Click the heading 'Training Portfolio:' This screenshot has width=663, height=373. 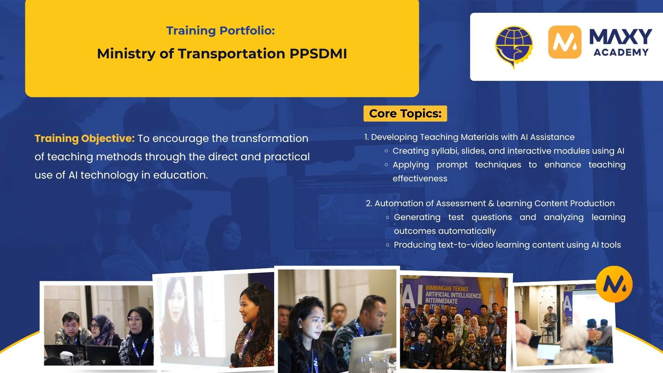(x=220, y=31)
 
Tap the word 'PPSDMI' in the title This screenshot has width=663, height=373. (x=318, y=54)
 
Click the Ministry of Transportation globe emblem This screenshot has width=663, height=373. (x=513, y=47)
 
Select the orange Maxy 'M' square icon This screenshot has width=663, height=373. (x=565, y=42)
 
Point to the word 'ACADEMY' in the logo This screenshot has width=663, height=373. (x=621, y=52)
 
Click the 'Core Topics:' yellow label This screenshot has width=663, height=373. (x=405, y=114)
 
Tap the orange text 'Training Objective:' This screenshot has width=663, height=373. (x=84, y=138)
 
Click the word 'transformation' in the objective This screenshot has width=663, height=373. (x=269, y=138)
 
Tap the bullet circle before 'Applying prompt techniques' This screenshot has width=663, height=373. (x=386, y=165)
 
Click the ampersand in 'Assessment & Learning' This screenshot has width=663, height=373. (x=491, y=203)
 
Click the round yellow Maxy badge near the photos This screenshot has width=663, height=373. (x=614, y=284)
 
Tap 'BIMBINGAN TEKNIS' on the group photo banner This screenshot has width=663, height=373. (x=447, y=288)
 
